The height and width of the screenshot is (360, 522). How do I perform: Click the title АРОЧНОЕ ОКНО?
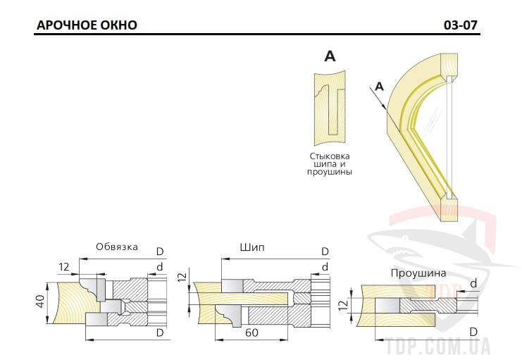[x=87, y=25]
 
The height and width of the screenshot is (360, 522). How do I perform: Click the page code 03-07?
[x=461, y=25]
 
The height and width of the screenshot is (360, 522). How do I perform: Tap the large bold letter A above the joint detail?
[x=330, y=56]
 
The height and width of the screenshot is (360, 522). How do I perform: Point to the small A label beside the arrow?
[x=379, y=87]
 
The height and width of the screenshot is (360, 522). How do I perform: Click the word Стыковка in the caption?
[x=330, y=156]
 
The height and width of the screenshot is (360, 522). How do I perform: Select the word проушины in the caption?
[x=330, y=172]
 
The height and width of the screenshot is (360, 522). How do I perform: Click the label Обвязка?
[x=117, y=247]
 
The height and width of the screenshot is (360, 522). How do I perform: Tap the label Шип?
[x=252, y=247]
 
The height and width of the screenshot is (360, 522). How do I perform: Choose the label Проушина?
[x=418, y=273]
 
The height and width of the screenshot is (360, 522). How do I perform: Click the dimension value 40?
[x=40, y=301]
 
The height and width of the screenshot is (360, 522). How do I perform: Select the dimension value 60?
[x=251, y=333]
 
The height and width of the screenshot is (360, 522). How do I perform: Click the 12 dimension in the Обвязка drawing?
[x=64, y=267]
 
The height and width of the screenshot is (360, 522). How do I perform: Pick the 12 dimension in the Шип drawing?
[x=182, y=277]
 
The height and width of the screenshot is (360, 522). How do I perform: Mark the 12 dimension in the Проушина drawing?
[x=345, y=305]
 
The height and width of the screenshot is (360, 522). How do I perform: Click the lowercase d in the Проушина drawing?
[x=473, y=283]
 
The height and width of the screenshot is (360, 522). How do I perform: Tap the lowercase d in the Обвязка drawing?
[x=160, y=266]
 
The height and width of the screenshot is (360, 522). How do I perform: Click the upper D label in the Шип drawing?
[x=325, y=252]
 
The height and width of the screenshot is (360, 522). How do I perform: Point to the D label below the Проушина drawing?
[x=473, y=332]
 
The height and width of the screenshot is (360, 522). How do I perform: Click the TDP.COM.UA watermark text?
[x=438, y=347]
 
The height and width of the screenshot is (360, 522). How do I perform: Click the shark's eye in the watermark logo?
[x=405, y=238]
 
